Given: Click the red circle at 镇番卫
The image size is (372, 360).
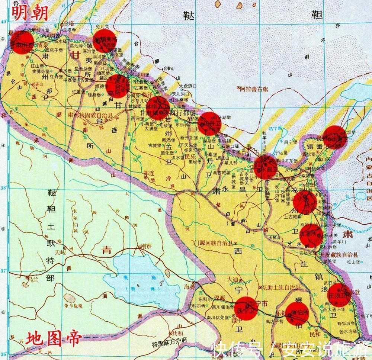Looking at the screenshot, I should (334, 137).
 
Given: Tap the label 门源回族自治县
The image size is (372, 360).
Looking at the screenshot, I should (212, 243).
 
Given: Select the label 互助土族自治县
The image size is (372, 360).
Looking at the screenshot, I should (281, 287).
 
